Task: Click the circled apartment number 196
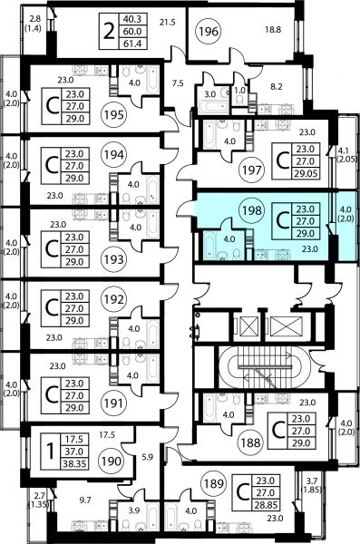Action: (209, 32)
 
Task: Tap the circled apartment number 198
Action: (252, 210)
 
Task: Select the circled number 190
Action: (112, 461)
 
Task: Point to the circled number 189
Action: (213, 483)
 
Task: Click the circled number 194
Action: (114, 154)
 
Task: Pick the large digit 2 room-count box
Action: (109, 32)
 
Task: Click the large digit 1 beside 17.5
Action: (51, 452)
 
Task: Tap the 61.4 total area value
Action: (132, 44)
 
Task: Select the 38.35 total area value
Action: (74, 464)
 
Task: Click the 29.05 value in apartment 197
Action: (306, 173)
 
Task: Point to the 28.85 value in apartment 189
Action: (267, 505)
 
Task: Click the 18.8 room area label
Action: (273, 30)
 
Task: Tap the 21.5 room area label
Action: (168, 22)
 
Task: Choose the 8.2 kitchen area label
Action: (277, 86)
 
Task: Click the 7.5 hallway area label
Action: (178, 83)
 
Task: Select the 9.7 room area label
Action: (84, 500)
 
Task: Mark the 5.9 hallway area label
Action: (148, 457)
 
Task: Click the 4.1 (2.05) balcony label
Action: (347, 155)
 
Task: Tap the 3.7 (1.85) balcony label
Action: (312, 485)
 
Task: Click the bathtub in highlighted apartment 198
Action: (209, 246)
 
